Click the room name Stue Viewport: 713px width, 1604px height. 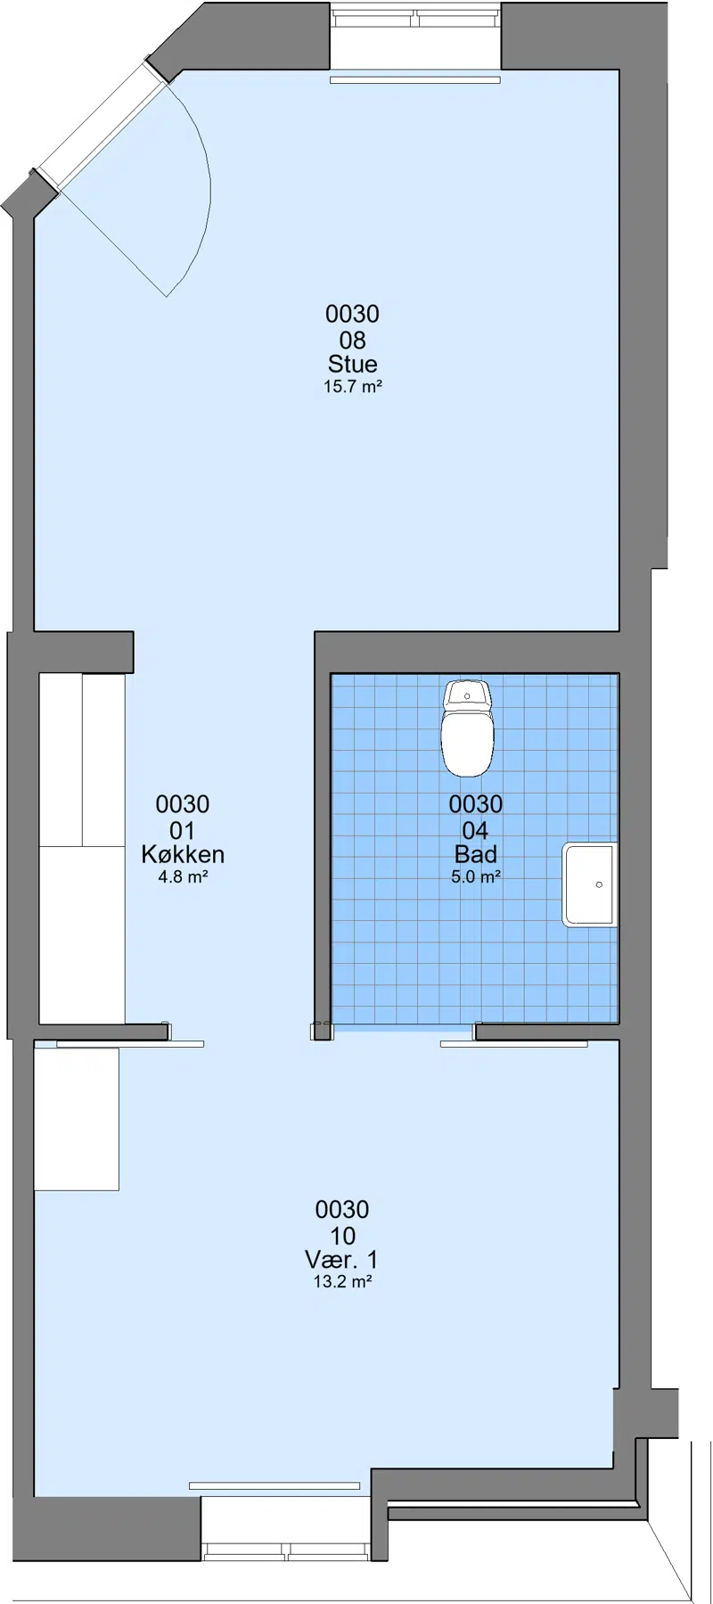(x=352, y=364)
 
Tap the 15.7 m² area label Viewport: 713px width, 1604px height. (x=353, y=387)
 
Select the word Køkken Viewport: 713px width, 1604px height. (x=183, y=854)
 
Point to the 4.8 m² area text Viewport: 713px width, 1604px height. (x=183, y=877)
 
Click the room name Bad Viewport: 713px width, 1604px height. (x=476, y=854)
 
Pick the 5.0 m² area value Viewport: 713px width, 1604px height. (x=476, y=877)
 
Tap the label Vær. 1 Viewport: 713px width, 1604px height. (x=341, y=1260)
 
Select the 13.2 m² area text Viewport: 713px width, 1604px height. (x=342, y=1282)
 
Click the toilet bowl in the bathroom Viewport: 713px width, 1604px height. (x=467, y=743)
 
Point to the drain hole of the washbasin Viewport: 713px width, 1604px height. (x=599, y=884)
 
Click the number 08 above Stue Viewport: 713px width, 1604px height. (x=352, y=340)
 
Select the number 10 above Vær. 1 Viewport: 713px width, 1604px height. (x=342, y=1236)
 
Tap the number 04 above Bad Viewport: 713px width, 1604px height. (x=475, y=831)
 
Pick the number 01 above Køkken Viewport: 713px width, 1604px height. (x=182, y=831)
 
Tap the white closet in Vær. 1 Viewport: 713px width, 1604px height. (x=77, y=1119)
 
